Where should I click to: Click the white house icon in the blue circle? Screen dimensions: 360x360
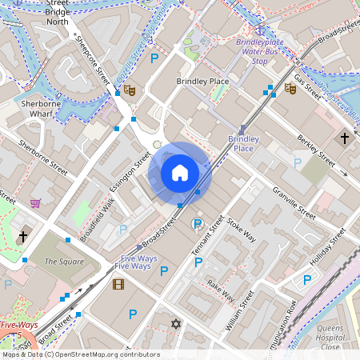pos(179,172)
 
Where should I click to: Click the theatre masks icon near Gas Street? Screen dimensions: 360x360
pos(291,91)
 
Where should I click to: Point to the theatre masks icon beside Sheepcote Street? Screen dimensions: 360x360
pos(130,91)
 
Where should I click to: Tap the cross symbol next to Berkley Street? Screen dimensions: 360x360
pos(345,138)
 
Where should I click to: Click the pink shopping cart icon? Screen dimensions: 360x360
pos(35,203)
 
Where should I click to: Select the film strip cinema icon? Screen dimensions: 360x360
pos(118,284)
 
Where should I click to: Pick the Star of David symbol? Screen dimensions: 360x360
pos(177,324)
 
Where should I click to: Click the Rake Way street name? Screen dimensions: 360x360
pos(221,290)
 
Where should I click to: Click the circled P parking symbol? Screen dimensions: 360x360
pos(197,225)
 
